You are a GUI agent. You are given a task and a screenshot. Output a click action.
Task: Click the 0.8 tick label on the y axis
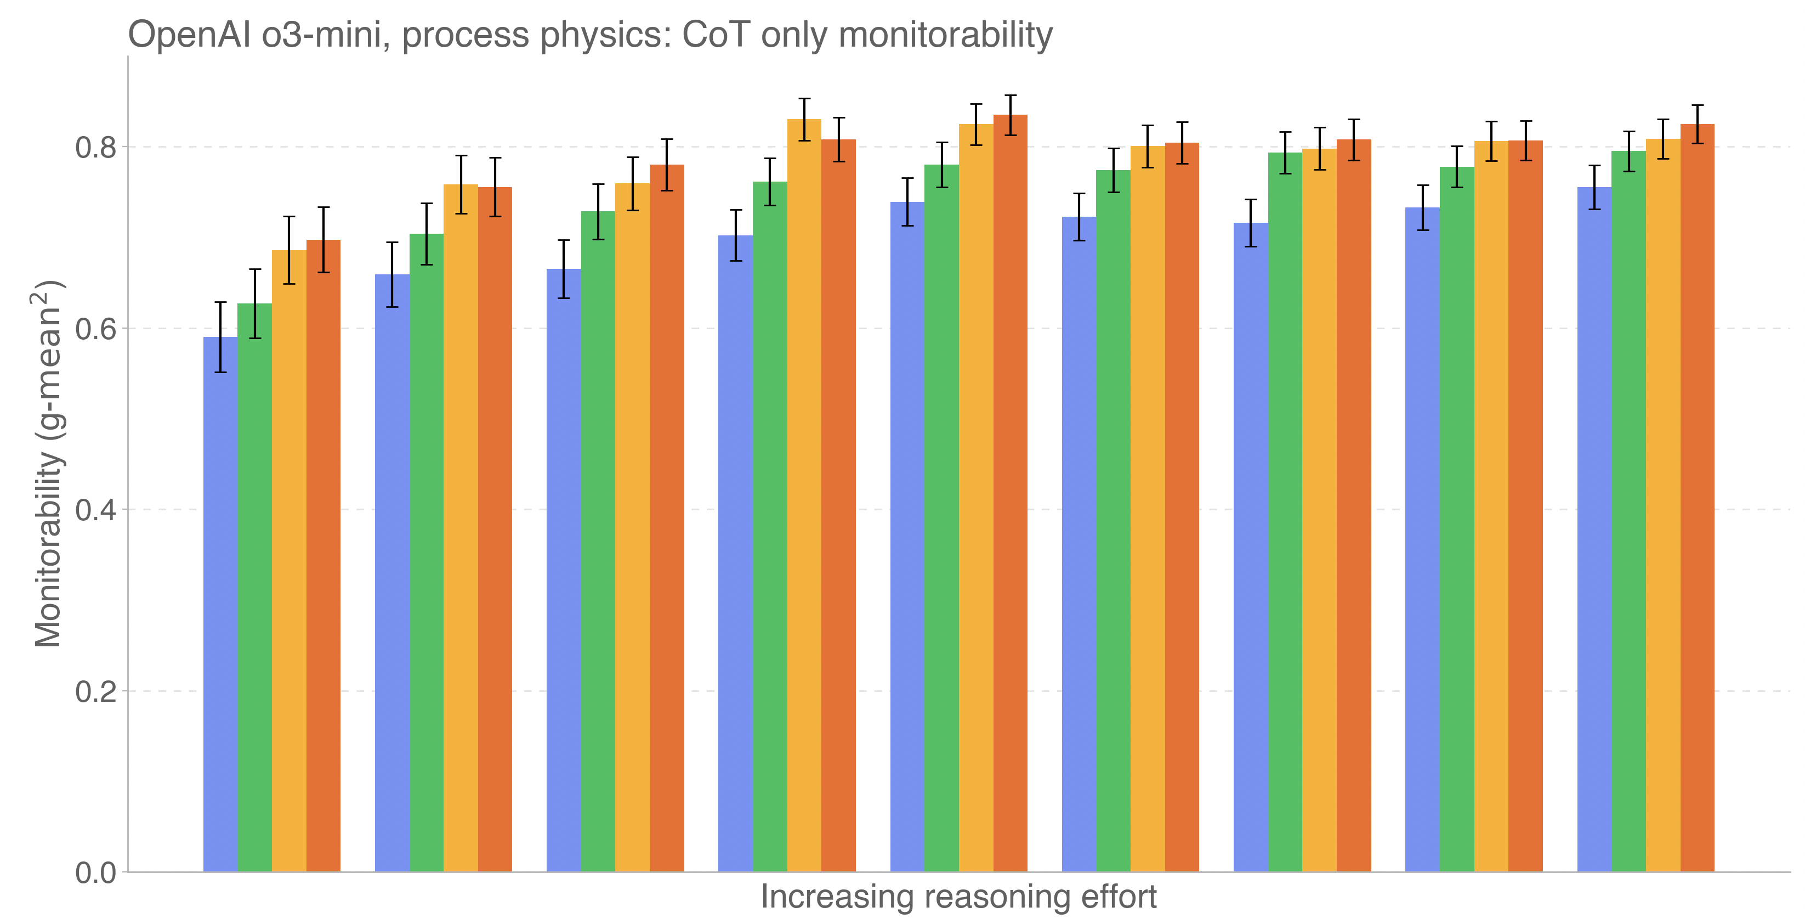(x=95, y=148)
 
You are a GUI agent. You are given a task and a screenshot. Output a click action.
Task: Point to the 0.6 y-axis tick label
(x=95, y=329)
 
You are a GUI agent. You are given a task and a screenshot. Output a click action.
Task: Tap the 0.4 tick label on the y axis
(x=95, y=510)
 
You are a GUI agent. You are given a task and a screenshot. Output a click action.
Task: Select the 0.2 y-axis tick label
(x=95, y=692)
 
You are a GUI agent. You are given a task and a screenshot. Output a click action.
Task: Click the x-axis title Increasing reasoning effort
(x=958, y=897)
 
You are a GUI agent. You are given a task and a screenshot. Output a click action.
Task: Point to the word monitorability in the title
(x=945, y=35)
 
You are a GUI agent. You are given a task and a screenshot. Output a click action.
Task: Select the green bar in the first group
(x=254, y=589)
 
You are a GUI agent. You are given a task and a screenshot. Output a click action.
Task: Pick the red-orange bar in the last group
(x=1697, y=498)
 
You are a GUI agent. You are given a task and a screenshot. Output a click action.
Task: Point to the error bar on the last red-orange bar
(x=1697, y=124)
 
